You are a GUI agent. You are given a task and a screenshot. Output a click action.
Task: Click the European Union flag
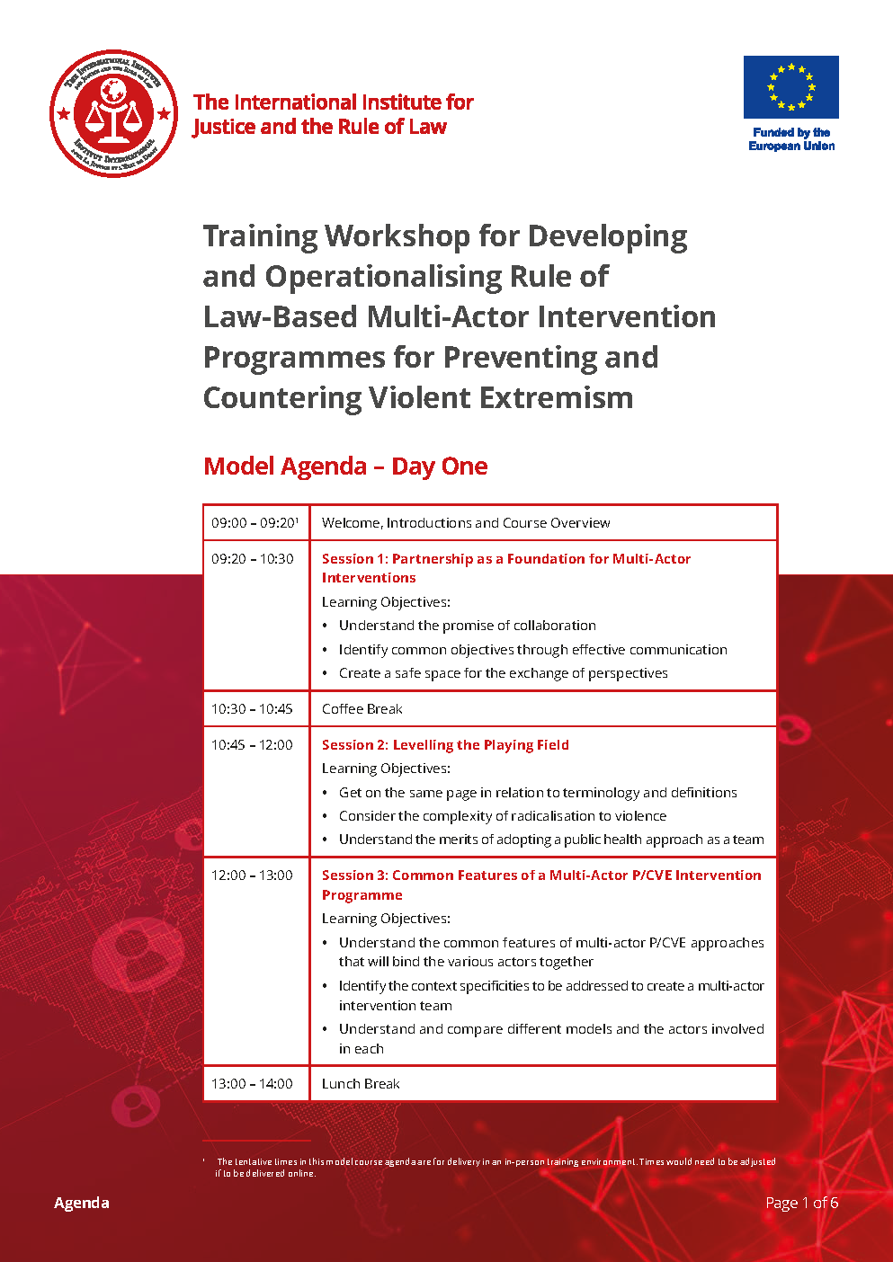tap(791, 87)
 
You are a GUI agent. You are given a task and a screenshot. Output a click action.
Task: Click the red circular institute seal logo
tap(114, 113)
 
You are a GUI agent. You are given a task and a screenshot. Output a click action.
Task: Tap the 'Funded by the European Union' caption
tap(791, 139)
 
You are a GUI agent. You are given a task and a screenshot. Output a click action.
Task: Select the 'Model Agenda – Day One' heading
tap(345, 467)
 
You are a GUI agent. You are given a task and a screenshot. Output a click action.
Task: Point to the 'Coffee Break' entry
tap(362, 708)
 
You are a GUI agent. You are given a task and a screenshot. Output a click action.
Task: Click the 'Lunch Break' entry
tap(361, 1083)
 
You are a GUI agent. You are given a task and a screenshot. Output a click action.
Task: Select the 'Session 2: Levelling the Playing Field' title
tap(445, 745)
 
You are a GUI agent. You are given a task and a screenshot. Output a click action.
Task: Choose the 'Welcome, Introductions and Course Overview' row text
tap(466, 523)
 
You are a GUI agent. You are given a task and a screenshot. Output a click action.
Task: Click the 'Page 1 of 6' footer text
tap(801, 1203)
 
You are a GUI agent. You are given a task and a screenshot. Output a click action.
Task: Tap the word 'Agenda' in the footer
tap(82, 1203)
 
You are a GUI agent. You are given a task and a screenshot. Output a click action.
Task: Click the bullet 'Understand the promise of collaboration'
tap(468, 626)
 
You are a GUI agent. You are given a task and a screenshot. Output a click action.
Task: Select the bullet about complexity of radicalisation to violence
tap(503, 816)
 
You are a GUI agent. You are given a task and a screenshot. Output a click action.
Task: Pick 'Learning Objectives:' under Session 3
tap(386, 919)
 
